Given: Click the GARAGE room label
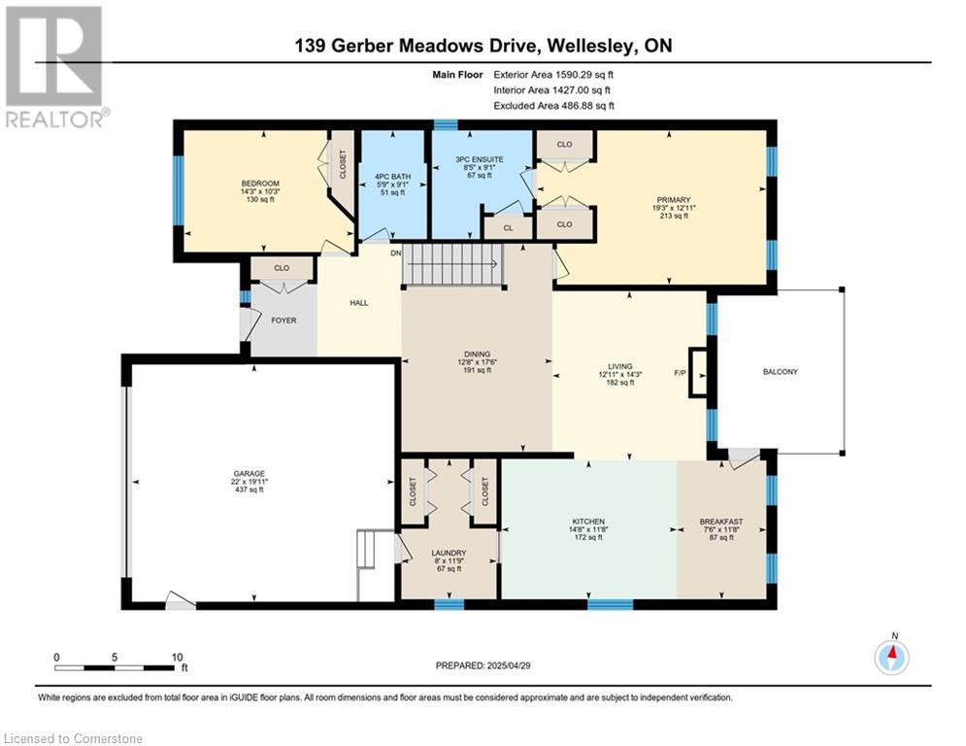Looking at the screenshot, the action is point(249,473).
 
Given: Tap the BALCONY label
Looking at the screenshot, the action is point(780,372).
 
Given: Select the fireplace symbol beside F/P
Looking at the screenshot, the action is point(698,374).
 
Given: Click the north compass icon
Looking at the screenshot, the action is point(891,658).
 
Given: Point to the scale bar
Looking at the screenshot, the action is point(114,667).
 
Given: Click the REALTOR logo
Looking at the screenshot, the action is point(55,67).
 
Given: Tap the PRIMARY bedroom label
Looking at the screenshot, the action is point(674,200).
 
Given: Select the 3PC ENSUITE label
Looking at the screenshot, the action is point(480,159).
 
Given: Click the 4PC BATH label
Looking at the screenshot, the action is point(392,177).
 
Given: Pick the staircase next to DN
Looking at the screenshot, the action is point(452,264).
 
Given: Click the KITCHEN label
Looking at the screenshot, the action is point(587,522).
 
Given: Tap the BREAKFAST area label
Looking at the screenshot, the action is point(721,522).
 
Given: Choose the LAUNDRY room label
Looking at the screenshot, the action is point(449,553).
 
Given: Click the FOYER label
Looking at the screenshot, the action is point(283,321).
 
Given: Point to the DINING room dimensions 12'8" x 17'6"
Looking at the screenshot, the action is point(477,362).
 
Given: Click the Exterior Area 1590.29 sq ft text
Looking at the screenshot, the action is point(553,75).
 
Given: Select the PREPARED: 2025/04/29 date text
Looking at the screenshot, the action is point(483,665).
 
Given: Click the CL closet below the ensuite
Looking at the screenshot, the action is point(508,228).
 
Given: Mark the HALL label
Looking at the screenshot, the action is point(358,303).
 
